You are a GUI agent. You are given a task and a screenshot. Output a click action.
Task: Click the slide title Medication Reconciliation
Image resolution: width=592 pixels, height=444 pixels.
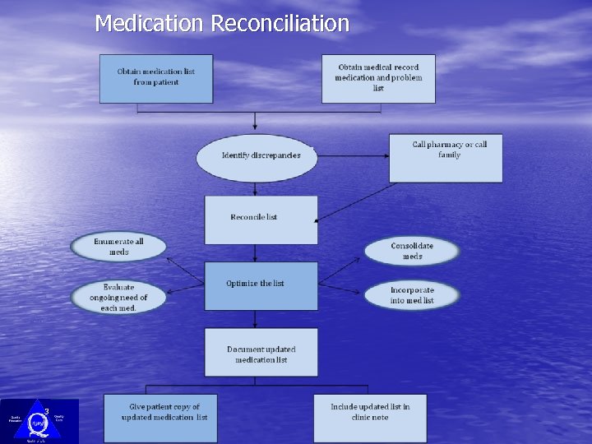(x=222, y=23)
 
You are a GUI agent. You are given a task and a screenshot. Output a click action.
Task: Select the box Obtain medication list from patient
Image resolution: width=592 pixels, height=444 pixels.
(x=156, y=78)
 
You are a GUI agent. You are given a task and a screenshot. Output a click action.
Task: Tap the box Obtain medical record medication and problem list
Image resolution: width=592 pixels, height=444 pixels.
(x=378, y=78)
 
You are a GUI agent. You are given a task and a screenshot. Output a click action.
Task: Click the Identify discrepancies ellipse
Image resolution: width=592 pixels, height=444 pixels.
(x=257, y=157)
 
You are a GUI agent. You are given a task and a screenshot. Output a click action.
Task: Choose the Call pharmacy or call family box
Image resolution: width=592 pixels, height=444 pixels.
(x=446, y=158)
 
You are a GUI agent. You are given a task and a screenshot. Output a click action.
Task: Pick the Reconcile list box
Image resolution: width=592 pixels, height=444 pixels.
(x=261, y=219)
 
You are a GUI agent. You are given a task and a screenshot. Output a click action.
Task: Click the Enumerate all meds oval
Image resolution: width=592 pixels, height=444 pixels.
(x=118, y=247)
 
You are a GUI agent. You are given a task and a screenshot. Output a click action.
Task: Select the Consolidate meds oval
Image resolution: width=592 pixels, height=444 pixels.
(x=412, y=251)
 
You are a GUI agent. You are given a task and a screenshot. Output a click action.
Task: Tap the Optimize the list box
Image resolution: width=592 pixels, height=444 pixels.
(x=261, y=285)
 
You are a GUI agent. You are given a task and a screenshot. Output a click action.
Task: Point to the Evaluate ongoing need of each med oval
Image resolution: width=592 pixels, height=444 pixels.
(x=118, y=297)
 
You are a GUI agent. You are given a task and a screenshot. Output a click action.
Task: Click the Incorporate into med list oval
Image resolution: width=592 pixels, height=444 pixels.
(x=412, y=295)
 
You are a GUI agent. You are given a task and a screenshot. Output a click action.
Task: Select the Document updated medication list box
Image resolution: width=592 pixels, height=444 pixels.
(x=261, y=353)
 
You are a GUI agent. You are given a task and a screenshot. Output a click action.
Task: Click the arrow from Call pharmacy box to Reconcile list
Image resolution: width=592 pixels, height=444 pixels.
(x=354, y=202)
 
